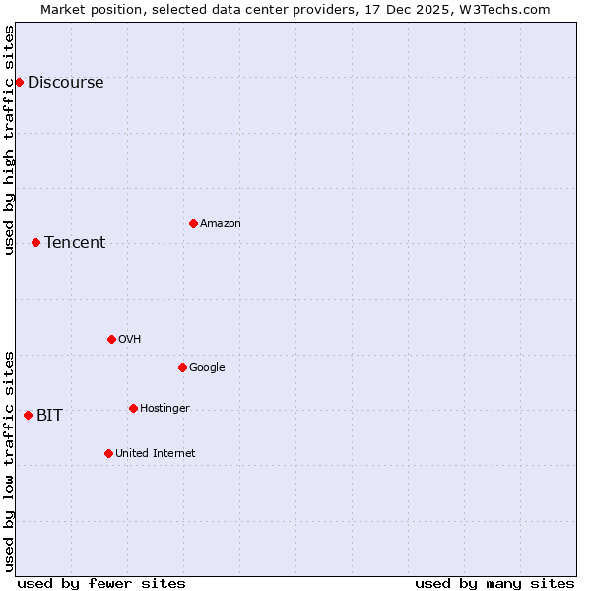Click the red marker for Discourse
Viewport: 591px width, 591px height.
[x=19, y=82]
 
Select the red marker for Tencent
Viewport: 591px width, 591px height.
[x=35, y=242]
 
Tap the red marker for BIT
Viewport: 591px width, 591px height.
[x=28, y=415]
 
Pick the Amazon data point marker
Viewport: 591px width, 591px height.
[x=193, y=223]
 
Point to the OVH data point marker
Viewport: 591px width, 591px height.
[x=111, y=339]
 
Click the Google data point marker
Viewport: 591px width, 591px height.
[x=182, y=367]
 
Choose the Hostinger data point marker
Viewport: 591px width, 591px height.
[x=133, y=408]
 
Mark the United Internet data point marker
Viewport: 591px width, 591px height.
[x=108, y=453]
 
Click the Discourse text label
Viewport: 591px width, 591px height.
[x=65, y=83]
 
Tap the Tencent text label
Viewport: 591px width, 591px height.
[x=75, y=243]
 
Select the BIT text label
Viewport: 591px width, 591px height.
[x=49, y=416]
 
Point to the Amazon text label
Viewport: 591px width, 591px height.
[x=221, y=224]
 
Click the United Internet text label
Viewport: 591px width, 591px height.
[x=155, y=454]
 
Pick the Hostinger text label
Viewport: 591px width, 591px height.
[x=164, y=409]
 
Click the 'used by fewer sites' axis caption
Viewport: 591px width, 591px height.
[x=101, y=583]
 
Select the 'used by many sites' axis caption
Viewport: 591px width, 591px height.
[x=494, y=583]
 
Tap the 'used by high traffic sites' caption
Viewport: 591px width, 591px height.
[x=10, y=140]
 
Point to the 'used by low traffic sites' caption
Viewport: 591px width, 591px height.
[x=10, y=461]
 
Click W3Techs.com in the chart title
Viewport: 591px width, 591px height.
[x=507, y=9]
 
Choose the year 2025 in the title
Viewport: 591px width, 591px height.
[x=422, y=9]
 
